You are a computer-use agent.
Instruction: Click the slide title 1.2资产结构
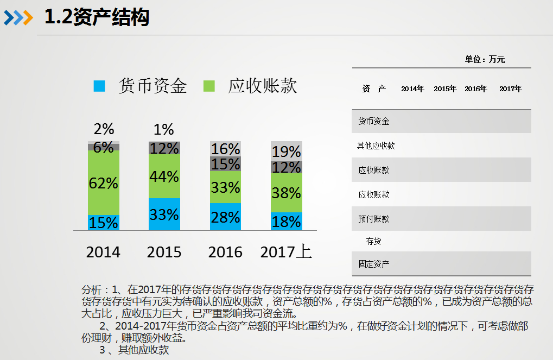[97, 17]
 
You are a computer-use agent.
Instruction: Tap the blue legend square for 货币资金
[99, 86]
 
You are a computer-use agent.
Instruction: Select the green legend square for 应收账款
[209, 86]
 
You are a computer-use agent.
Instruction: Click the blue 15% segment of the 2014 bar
[104, 223]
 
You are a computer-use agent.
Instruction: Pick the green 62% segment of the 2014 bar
[104, 183]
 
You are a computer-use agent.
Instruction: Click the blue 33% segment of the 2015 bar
[164, 214]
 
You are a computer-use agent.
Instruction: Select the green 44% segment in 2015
[164, 176]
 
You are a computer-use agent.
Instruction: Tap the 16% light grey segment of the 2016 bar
[225, 149]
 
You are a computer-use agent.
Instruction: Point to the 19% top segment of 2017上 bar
[287, 151]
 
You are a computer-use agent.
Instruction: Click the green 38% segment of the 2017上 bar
[287, 193]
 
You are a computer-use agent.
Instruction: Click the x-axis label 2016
[225, 252]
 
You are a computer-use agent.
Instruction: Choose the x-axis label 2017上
[286, 252]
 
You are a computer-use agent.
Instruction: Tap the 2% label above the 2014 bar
[104, 129]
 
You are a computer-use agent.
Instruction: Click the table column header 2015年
[445, 89]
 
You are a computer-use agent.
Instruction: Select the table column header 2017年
[510, 89]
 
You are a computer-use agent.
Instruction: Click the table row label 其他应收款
[376, 146]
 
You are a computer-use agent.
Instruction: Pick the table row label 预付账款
[373, 219]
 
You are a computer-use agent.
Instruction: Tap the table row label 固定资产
[373, 264]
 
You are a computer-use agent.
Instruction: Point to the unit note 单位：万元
[485, 60]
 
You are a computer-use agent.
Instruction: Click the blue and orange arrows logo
[18, 17]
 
